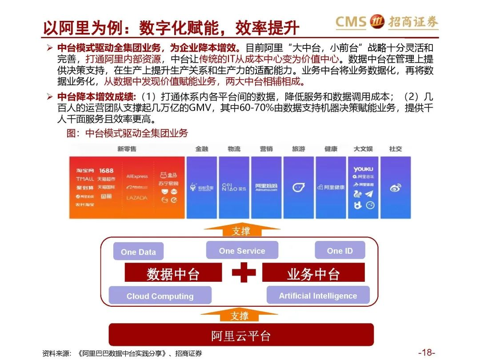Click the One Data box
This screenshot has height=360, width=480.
pyautogui.click(x=138, y=252)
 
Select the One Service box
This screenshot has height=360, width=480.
pyautogui.click(x=242, y=251)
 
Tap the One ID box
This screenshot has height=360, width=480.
pyautogui.click(x=340, y=251)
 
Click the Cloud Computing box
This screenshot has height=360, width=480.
pyautogui.click(x=160, y=296)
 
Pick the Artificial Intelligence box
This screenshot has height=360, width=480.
pyautogui.click(x=318, y=296)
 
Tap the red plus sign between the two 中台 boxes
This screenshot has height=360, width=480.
pyautogui.click(x=243, y=272)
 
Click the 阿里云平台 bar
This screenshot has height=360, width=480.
pyautogui.click(x=241, y=335)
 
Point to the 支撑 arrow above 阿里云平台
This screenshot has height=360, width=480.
pyautogui.click(x=240, y=316)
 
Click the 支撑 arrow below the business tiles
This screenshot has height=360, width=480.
pyautogui.click(x=241, y=230)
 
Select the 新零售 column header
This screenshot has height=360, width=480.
pyautogui.click(x=127, y=149)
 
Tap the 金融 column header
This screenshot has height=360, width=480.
pyautogui.click(x=202, y=149)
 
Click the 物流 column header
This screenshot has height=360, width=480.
pyautogui.click(x=234, y=149)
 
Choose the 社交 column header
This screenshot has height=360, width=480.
pyautogui.click(x=395, y=149)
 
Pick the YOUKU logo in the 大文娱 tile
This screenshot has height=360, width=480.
pyautogui.click(x=363, y=169)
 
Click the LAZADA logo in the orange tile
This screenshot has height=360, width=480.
pyautogui.click(x=136, y=198)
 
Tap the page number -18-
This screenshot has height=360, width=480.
pyautogui.click(x=426, y=352)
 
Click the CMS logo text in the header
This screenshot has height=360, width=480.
pyautogui.click(x=351, y=21)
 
